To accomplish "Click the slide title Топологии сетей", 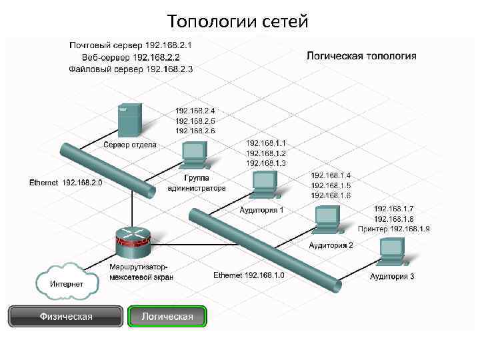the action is (238, 21).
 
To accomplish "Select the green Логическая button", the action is (167, 316).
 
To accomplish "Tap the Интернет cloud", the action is (67, 283).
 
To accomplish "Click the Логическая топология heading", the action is (361, 56).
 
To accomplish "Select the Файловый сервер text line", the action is (131, 69).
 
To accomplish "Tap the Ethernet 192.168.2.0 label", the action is (65, 182).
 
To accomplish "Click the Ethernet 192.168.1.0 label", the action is (249, 275).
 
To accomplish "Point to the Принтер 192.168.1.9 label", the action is (394, 229).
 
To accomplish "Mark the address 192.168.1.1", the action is (266, 143).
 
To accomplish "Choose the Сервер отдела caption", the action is (130, 145).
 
